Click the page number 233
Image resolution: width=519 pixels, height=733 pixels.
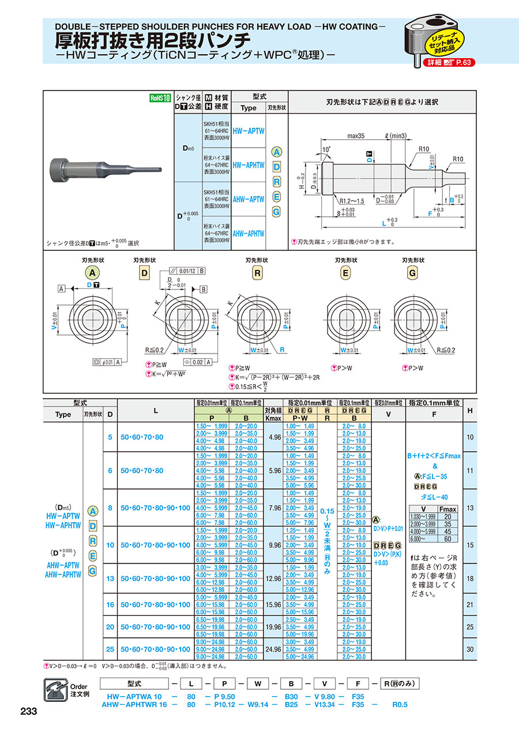28,712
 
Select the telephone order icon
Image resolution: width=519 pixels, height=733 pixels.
55,690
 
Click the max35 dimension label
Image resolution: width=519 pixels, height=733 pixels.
358,137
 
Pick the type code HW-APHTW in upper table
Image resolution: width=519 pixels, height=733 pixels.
249,165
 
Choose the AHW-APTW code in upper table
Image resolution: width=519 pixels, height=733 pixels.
249,199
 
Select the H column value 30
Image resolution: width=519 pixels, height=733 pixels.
471,649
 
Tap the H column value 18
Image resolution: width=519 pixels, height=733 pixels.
471,578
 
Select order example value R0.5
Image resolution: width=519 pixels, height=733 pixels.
400,705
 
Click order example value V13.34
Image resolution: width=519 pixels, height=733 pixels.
327,705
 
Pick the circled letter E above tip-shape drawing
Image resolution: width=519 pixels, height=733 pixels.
345,273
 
